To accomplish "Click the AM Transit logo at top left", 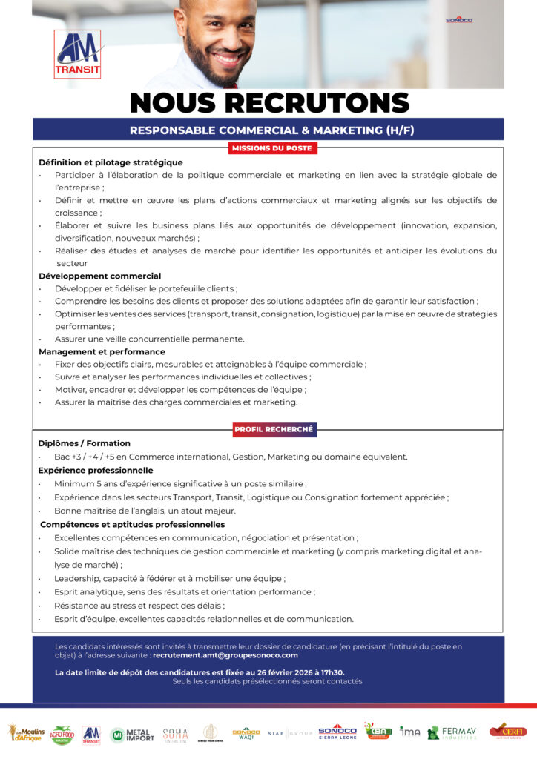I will point(77,55).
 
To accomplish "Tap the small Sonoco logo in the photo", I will point(458,20).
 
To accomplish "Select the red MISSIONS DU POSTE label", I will point(272,148).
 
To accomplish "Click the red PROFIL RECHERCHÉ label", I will point(274,429).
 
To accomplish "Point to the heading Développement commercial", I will point(99,276).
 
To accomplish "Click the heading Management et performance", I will point(102,351).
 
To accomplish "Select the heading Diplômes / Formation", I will point(84,443).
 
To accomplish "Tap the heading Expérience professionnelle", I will point(96,470).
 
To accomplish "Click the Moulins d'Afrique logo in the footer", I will point(26,733).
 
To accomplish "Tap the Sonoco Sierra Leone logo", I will point(337,732).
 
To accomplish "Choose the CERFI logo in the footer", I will point(507,731).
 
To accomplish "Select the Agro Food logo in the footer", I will point(62,735).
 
